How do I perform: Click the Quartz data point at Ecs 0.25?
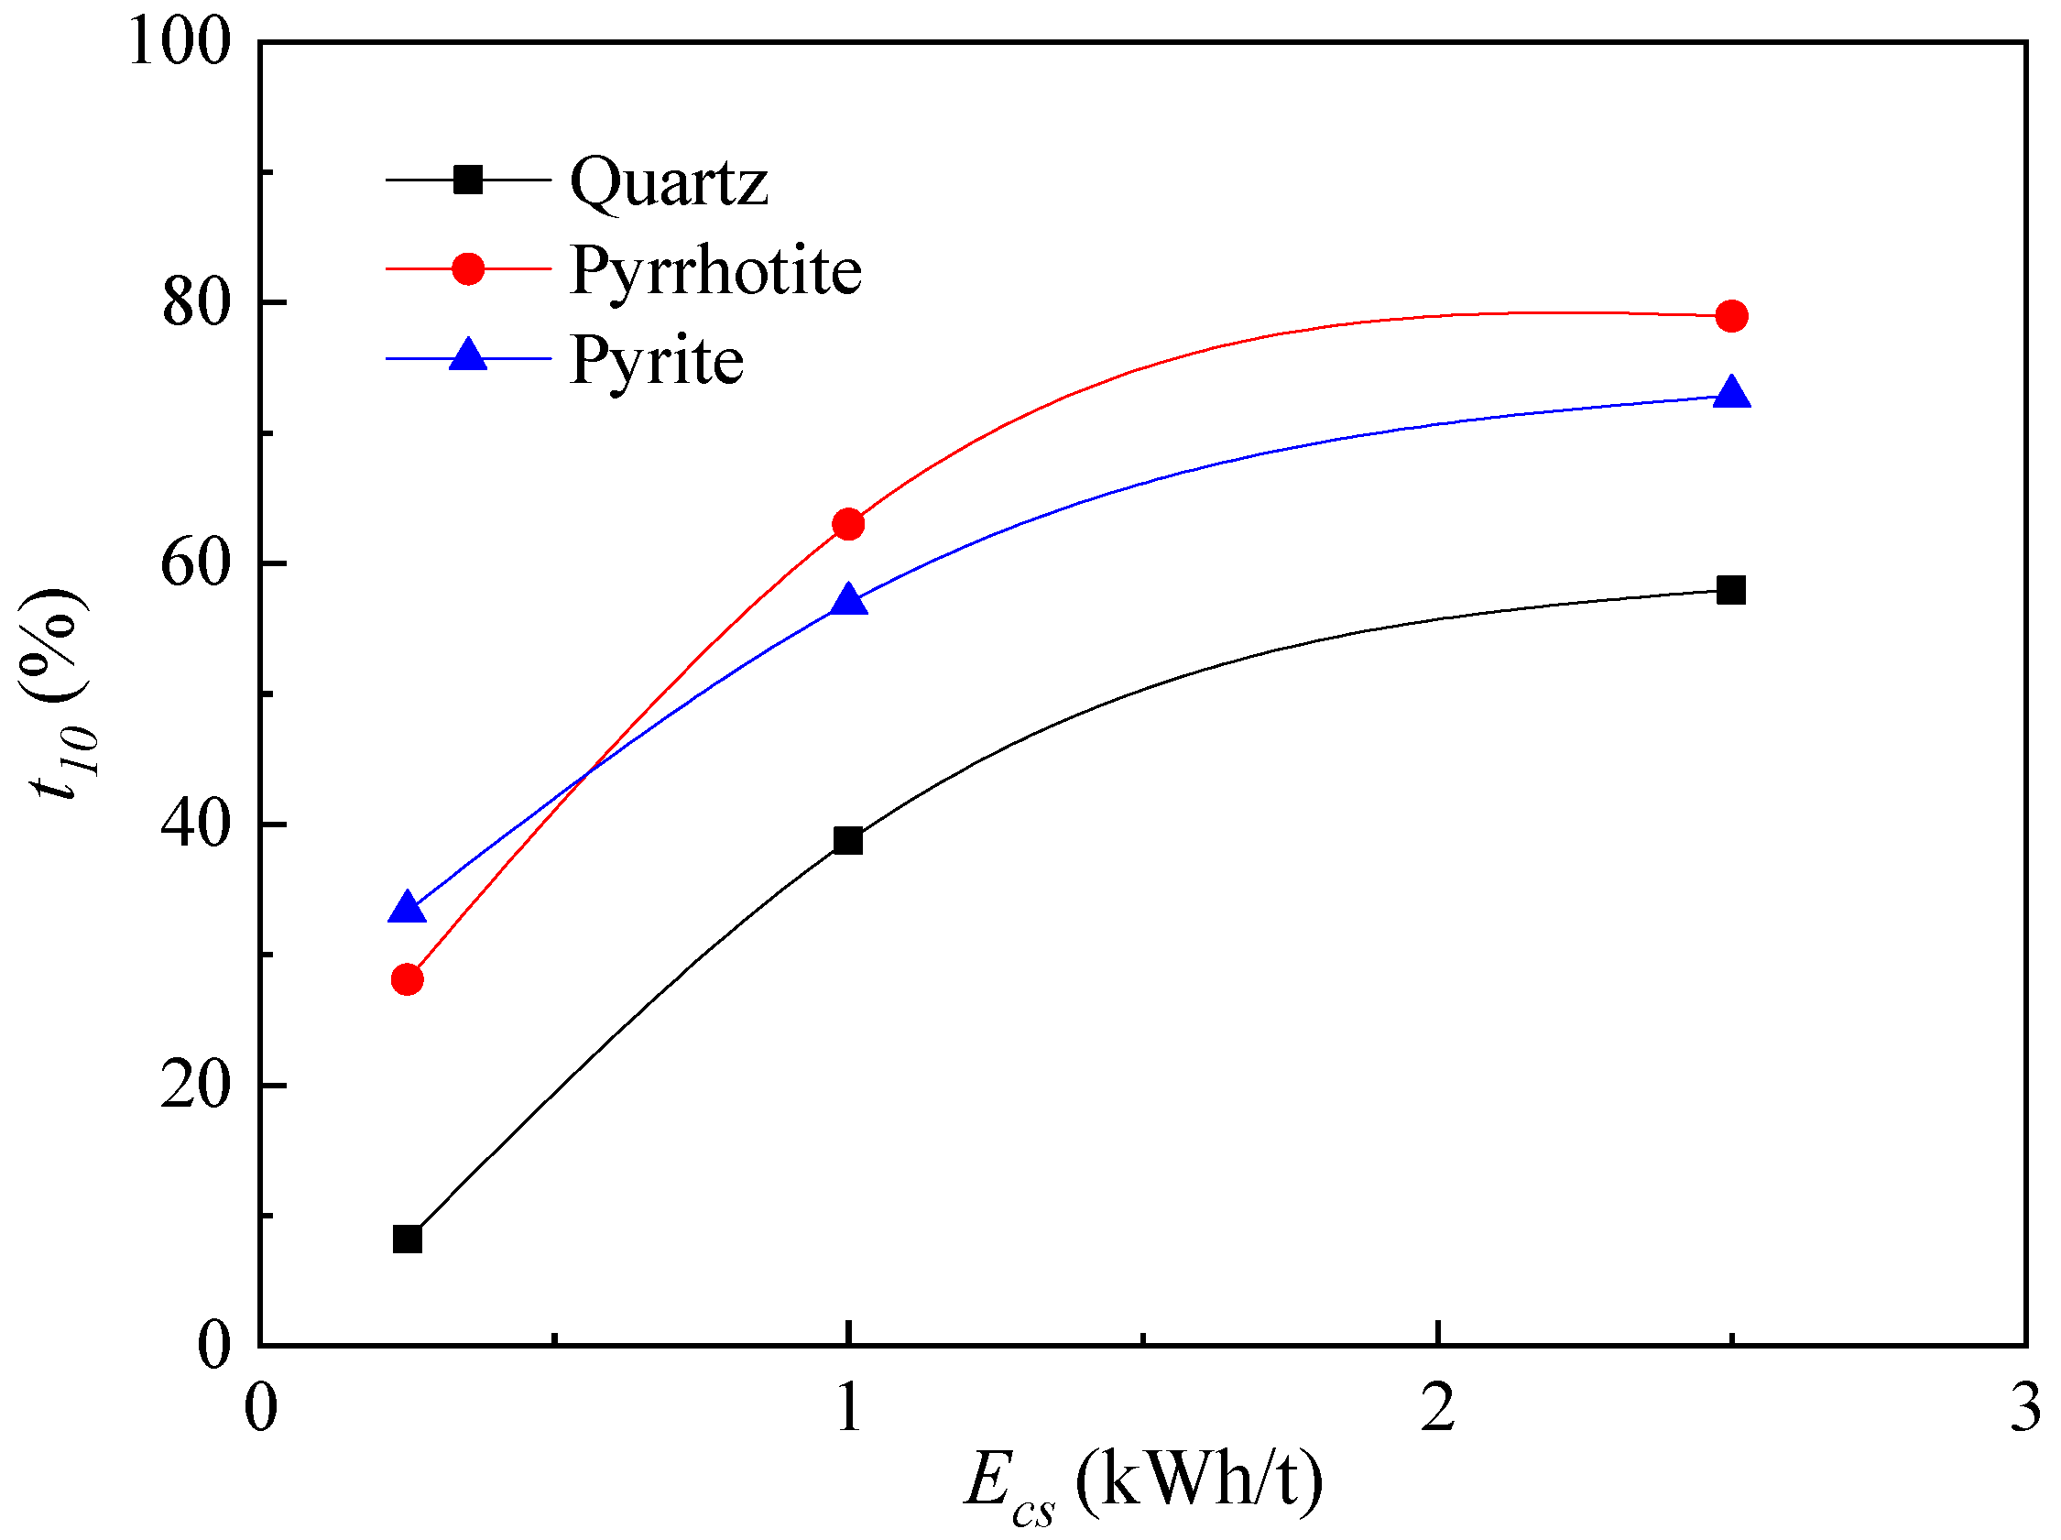click(408, 1240)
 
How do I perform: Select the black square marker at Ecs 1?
click(848, 840)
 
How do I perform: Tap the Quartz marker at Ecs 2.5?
click(1731, 590)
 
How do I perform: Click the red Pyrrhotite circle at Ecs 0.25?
click(408, 979)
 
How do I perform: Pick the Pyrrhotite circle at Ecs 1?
click(848, 525)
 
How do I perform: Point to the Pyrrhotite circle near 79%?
click(1731, 316)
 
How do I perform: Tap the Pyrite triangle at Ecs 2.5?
click(1731, 393)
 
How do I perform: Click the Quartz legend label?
click(668, 180)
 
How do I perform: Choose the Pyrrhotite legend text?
click(714, 270)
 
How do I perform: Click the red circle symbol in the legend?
click(468, 269)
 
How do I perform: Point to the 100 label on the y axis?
click(179, 43)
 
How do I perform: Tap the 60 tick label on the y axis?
click(195, 564)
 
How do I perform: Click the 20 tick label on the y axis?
click(195, 1087)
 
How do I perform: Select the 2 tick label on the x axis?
click(1439, 1407)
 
